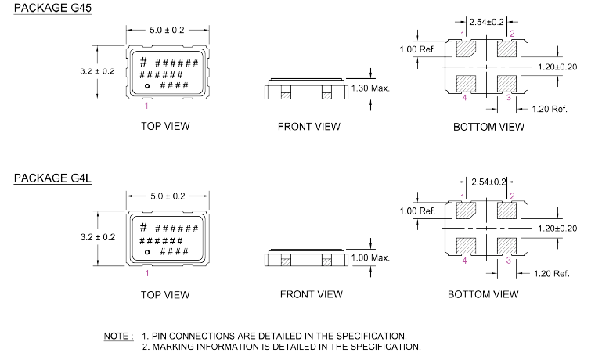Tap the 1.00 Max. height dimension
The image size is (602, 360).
tap(369, 257)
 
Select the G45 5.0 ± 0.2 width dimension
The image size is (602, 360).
tap(166, 31)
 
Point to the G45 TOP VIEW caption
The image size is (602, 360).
tap(164, 126)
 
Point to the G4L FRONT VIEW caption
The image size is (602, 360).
tap(311, 295)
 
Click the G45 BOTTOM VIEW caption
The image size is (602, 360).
tap(488, 126)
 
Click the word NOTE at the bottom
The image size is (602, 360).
tap(117, 336)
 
